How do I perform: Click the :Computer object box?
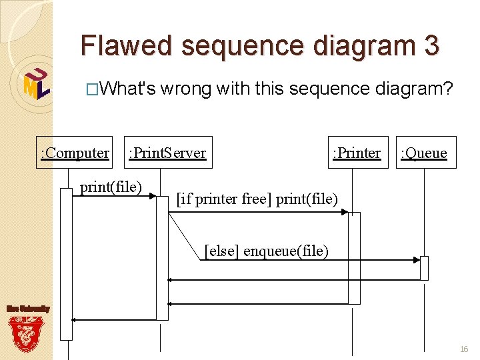pyautogui.click(x=75, y=153)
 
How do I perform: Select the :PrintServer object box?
pyautogui.click(x=167, y=153)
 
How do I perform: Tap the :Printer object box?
pyautogui.click(x=357, y=153)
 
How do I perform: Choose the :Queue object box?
pyautogui.click(x=424, y=153)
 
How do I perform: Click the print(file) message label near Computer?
pyautogui.click(x=111, y=187)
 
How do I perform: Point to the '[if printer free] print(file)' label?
pyautogui.click(x=257, y=199)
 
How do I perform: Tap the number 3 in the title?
pyautogui.click(x=431, y=45)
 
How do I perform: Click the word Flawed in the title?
pyautogui.click(x=127, y=45)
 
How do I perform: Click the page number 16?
pyautogui.click(x=464, y=349)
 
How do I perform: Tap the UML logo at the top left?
pyautogui.click(x=36, y=83)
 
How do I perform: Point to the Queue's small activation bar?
pyautogui.click(x=424, y=268)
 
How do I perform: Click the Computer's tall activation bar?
pyautogui.click(x=66, y=264)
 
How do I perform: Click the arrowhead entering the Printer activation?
pyautogui.click(x=345, y=212)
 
